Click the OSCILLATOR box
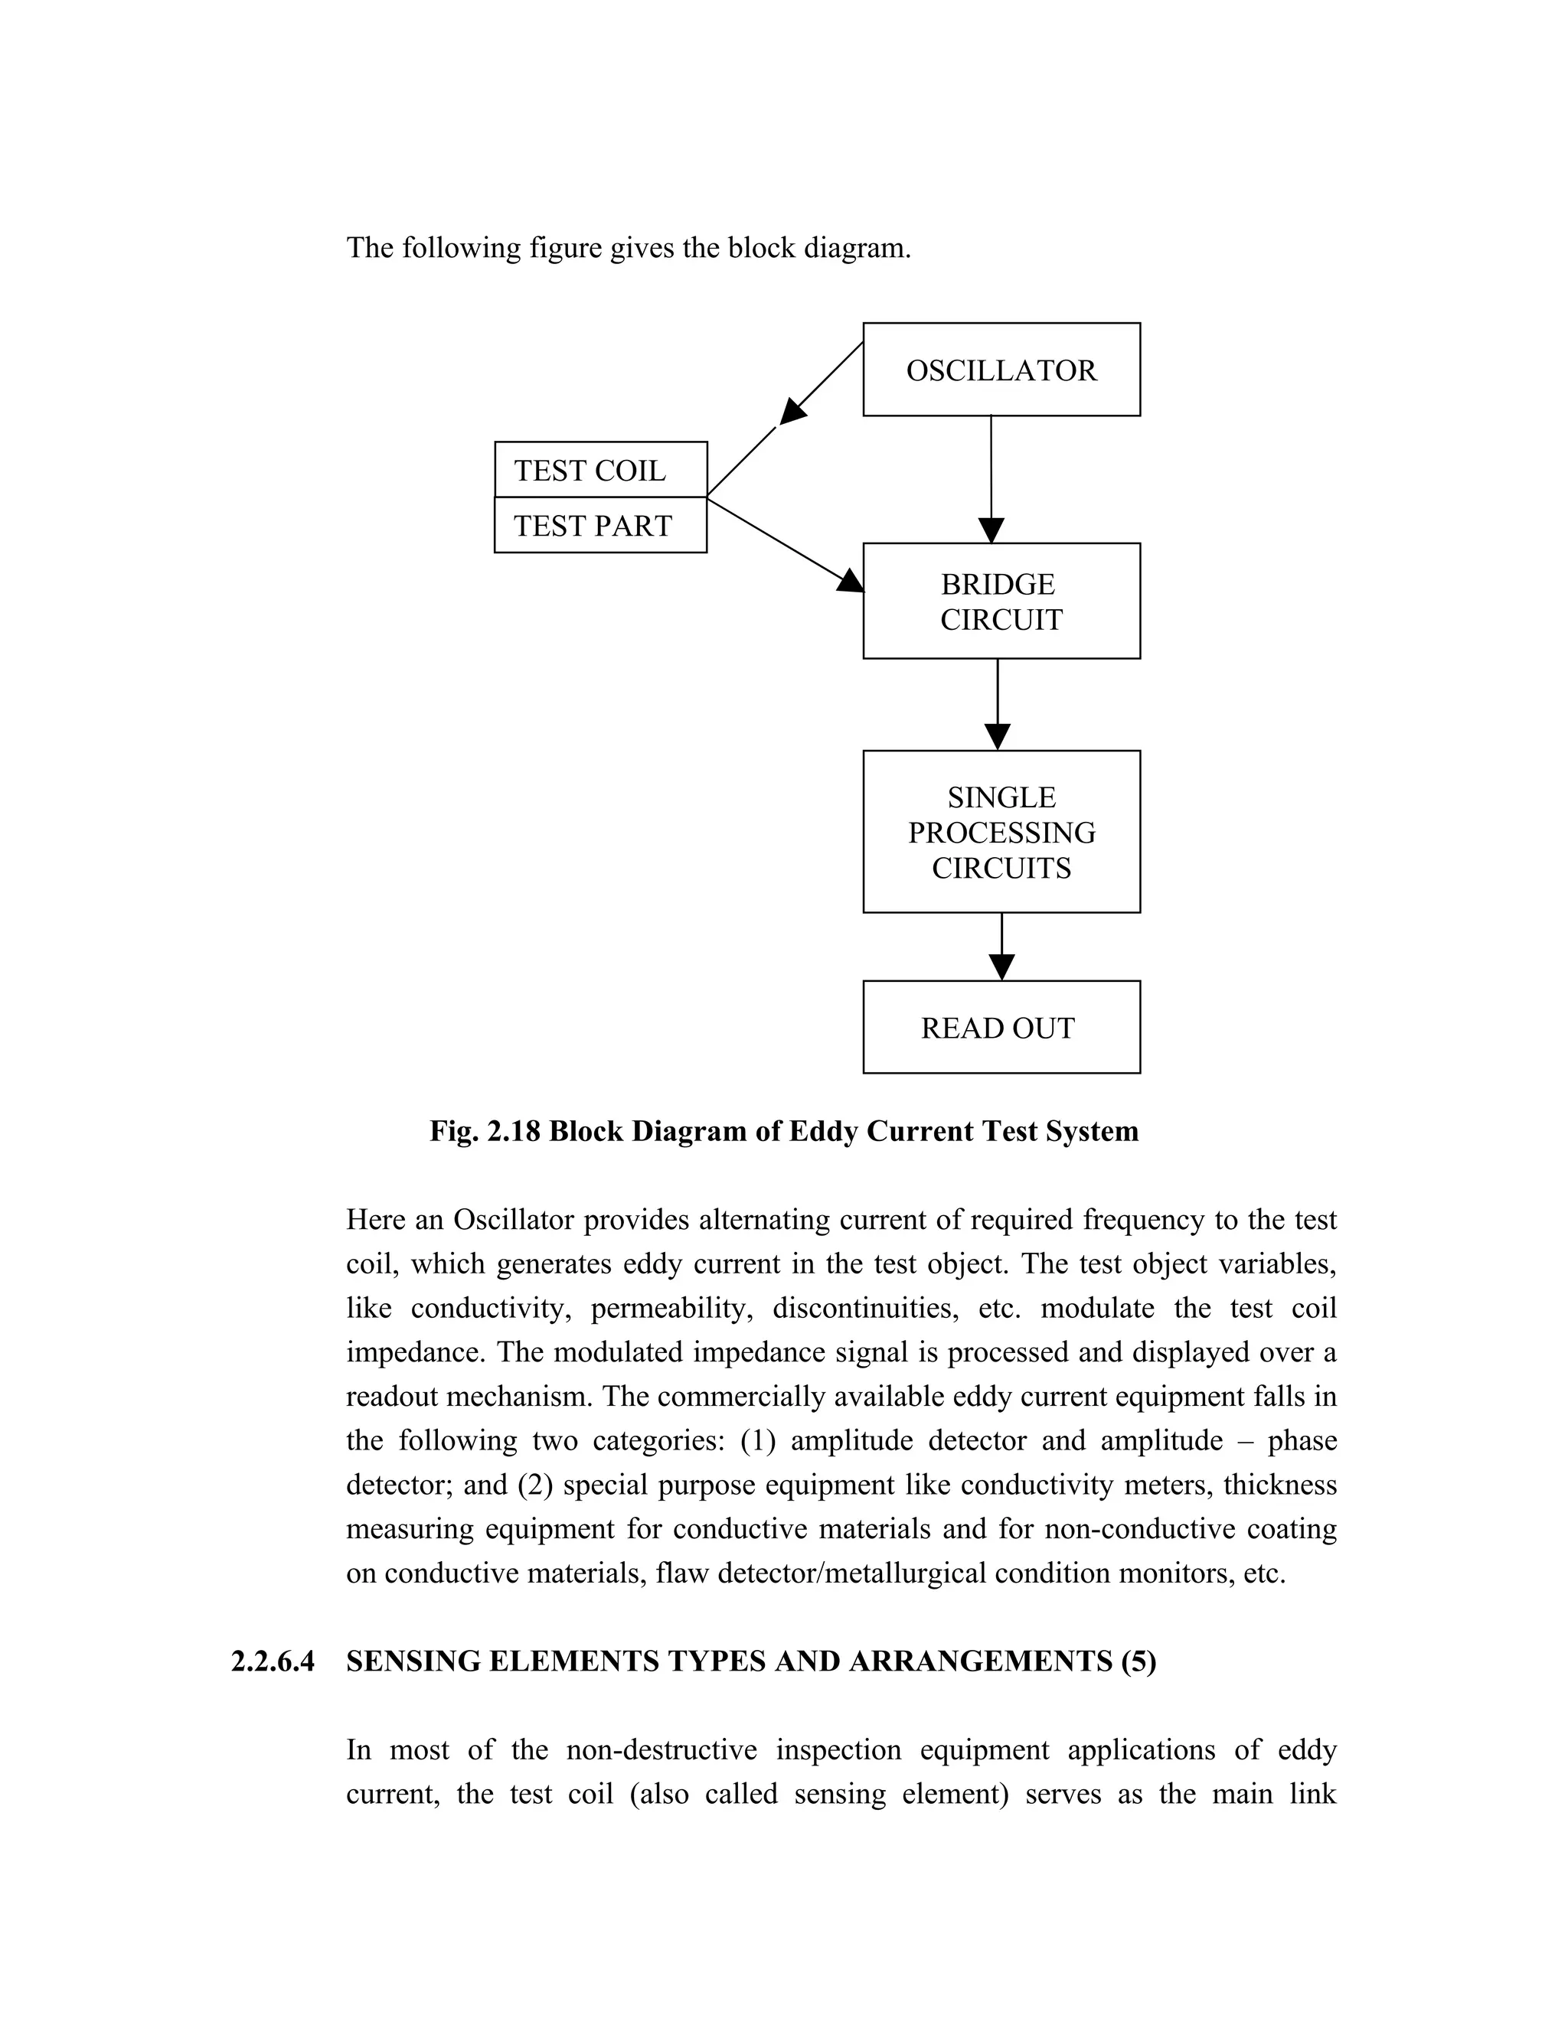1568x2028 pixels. (x=1001, y=370)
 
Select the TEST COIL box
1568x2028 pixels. (x=600, y=470)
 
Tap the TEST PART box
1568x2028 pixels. (x=600, y=526)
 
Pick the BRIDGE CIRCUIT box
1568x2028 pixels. (x=1001, y=601)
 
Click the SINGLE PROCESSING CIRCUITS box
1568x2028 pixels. (x=1001, y=831)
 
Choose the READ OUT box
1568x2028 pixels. (x=1001, y=1027)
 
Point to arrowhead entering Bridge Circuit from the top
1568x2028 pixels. (x=991, y=531)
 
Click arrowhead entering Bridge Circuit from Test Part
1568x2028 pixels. (x=850, y=582)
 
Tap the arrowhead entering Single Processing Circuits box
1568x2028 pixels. (x=997, y=737)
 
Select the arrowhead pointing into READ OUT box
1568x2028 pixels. (x=1001, y=967)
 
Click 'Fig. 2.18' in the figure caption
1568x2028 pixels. (x=484, y=1131)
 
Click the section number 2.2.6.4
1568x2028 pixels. (x=272, y=1661)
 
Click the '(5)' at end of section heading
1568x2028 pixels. (x=1138, y=1661)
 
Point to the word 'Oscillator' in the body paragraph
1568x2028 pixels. (x=514, y=1219)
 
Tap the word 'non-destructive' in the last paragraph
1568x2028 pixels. (x=661, y=1749)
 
